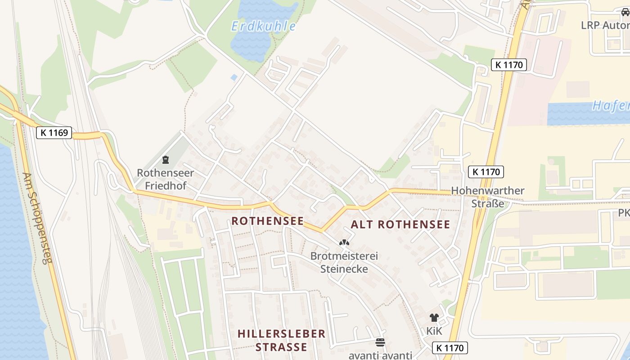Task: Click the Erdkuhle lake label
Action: point(264,26)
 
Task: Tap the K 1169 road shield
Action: point(54,133)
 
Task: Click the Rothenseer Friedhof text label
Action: point(165,179)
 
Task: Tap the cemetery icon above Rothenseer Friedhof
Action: point(165,159)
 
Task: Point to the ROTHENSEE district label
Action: point(267,221)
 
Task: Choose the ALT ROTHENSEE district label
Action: point(400,225)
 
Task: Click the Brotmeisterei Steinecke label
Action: point(344,262)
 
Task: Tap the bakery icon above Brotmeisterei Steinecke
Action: point(344,243)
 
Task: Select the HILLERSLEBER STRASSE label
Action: point(281,340)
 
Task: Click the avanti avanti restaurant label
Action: point(380,355)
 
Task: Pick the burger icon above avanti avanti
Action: point(380,342)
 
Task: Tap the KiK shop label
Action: point(434,331)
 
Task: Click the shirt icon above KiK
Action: point(434,318)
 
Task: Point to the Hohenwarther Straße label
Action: point(488,197)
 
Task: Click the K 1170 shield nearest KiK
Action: point(450,347)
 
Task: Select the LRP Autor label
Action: point(605,25)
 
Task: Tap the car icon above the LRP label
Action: point(625,13)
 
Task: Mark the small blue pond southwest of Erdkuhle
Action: point(234,77)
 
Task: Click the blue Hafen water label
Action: point(610,106)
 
